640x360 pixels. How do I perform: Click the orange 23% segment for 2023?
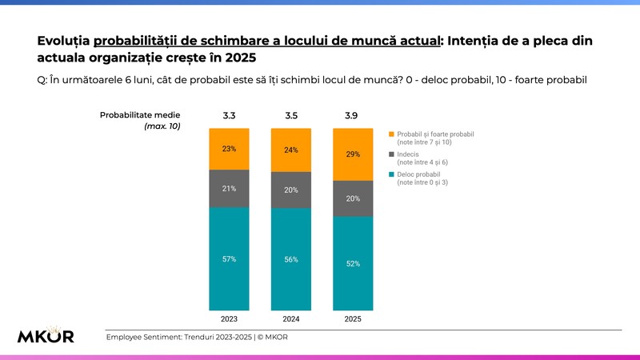coord(229,149)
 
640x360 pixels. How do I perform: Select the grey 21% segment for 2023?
coord(229,189)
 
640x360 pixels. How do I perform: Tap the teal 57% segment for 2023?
coord(229,258)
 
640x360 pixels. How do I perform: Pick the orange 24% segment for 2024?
coord(291,150)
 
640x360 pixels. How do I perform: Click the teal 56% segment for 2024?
coord(291,259)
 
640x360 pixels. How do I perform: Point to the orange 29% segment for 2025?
coord(353,154)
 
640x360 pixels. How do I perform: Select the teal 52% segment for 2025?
coord(353,264)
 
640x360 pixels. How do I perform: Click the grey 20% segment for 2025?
coord(353,198)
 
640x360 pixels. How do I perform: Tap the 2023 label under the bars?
coord(229,319)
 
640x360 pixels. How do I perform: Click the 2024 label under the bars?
coord(291,319)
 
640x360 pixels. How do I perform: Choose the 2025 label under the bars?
coord(353,319)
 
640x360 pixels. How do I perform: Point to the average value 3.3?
coord(229,116)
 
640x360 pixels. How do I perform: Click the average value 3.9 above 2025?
coord(351,116)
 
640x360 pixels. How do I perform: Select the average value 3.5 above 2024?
coord(291,116)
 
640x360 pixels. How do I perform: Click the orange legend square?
coord(391,134)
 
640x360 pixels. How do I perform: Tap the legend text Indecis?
coord(408,154)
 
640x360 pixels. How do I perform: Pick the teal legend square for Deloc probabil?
coord(391,174)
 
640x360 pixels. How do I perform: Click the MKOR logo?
coord(46,334)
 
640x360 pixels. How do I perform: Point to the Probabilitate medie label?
coord(140,115)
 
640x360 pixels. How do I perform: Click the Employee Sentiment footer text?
coord(197,337)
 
